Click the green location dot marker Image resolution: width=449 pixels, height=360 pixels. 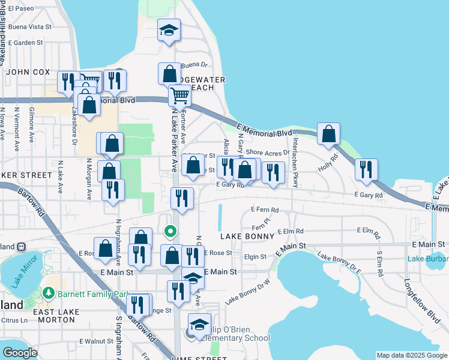tap(170, 230)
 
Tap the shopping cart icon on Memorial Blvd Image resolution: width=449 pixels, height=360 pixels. tap(179, 95)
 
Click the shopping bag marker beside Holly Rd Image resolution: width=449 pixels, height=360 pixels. tap(328, 134)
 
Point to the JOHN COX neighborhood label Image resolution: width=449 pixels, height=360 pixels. tap(28, 72)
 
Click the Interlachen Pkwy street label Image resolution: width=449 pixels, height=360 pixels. tap(295, 163)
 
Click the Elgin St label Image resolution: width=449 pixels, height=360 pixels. tap(255, 257)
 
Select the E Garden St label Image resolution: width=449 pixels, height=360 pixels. tap(26, 43)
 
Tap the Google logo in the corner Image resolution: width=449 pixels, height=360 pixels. tap(20, 353)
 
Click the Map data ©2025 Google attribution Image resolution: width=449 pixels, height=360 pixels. tap(412, 355)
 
